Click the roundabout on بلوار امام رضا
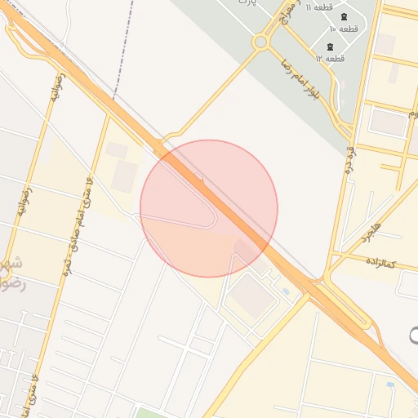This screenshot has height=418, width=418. [x=261, y=41]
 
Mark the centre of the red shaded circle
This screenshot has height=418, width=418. [x=209, y=208]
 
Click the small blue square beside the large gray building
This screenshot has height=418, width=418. [x=285, y=291]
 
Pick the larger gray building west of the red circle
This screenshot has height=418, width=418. [x=125, y=176]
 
